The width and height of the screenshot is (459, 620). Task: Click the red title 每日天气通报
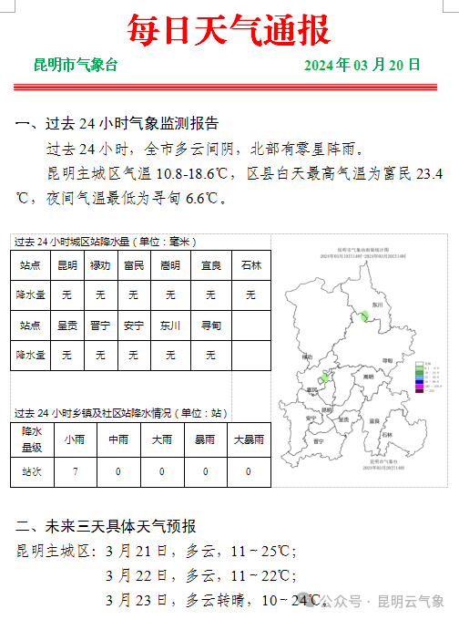(x=229, y=30)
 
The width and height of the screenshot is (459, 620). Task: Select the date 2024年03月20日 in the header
(x=362, y=66)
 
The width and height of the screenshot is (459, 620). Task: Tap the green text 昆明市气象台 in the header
(x=76, y=66)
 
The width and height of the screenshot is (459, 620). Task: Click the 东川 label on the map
(x=378, y=305)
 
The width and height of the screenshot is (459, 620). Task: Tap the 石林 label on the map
(x=387, y=436)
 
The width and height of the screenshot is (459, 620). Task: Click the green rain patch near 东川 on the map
(x=363, y=315)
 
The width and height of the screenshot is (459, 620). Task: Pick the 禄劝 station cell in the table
(x=100, y=266)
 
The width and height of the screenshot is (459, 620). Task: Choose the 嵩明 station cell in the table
(x=170, y=266)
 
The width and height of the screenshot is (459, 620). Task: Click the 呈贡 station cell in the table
(x=67, y=325)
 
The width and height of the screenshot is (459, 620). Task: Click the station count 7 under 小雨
(x=75, y=471)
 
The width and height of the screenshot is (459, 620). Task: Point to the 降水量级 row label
(x=32, y=439)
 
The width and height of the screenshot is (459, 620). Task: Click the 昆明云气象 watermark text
(x=411, y=602)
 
